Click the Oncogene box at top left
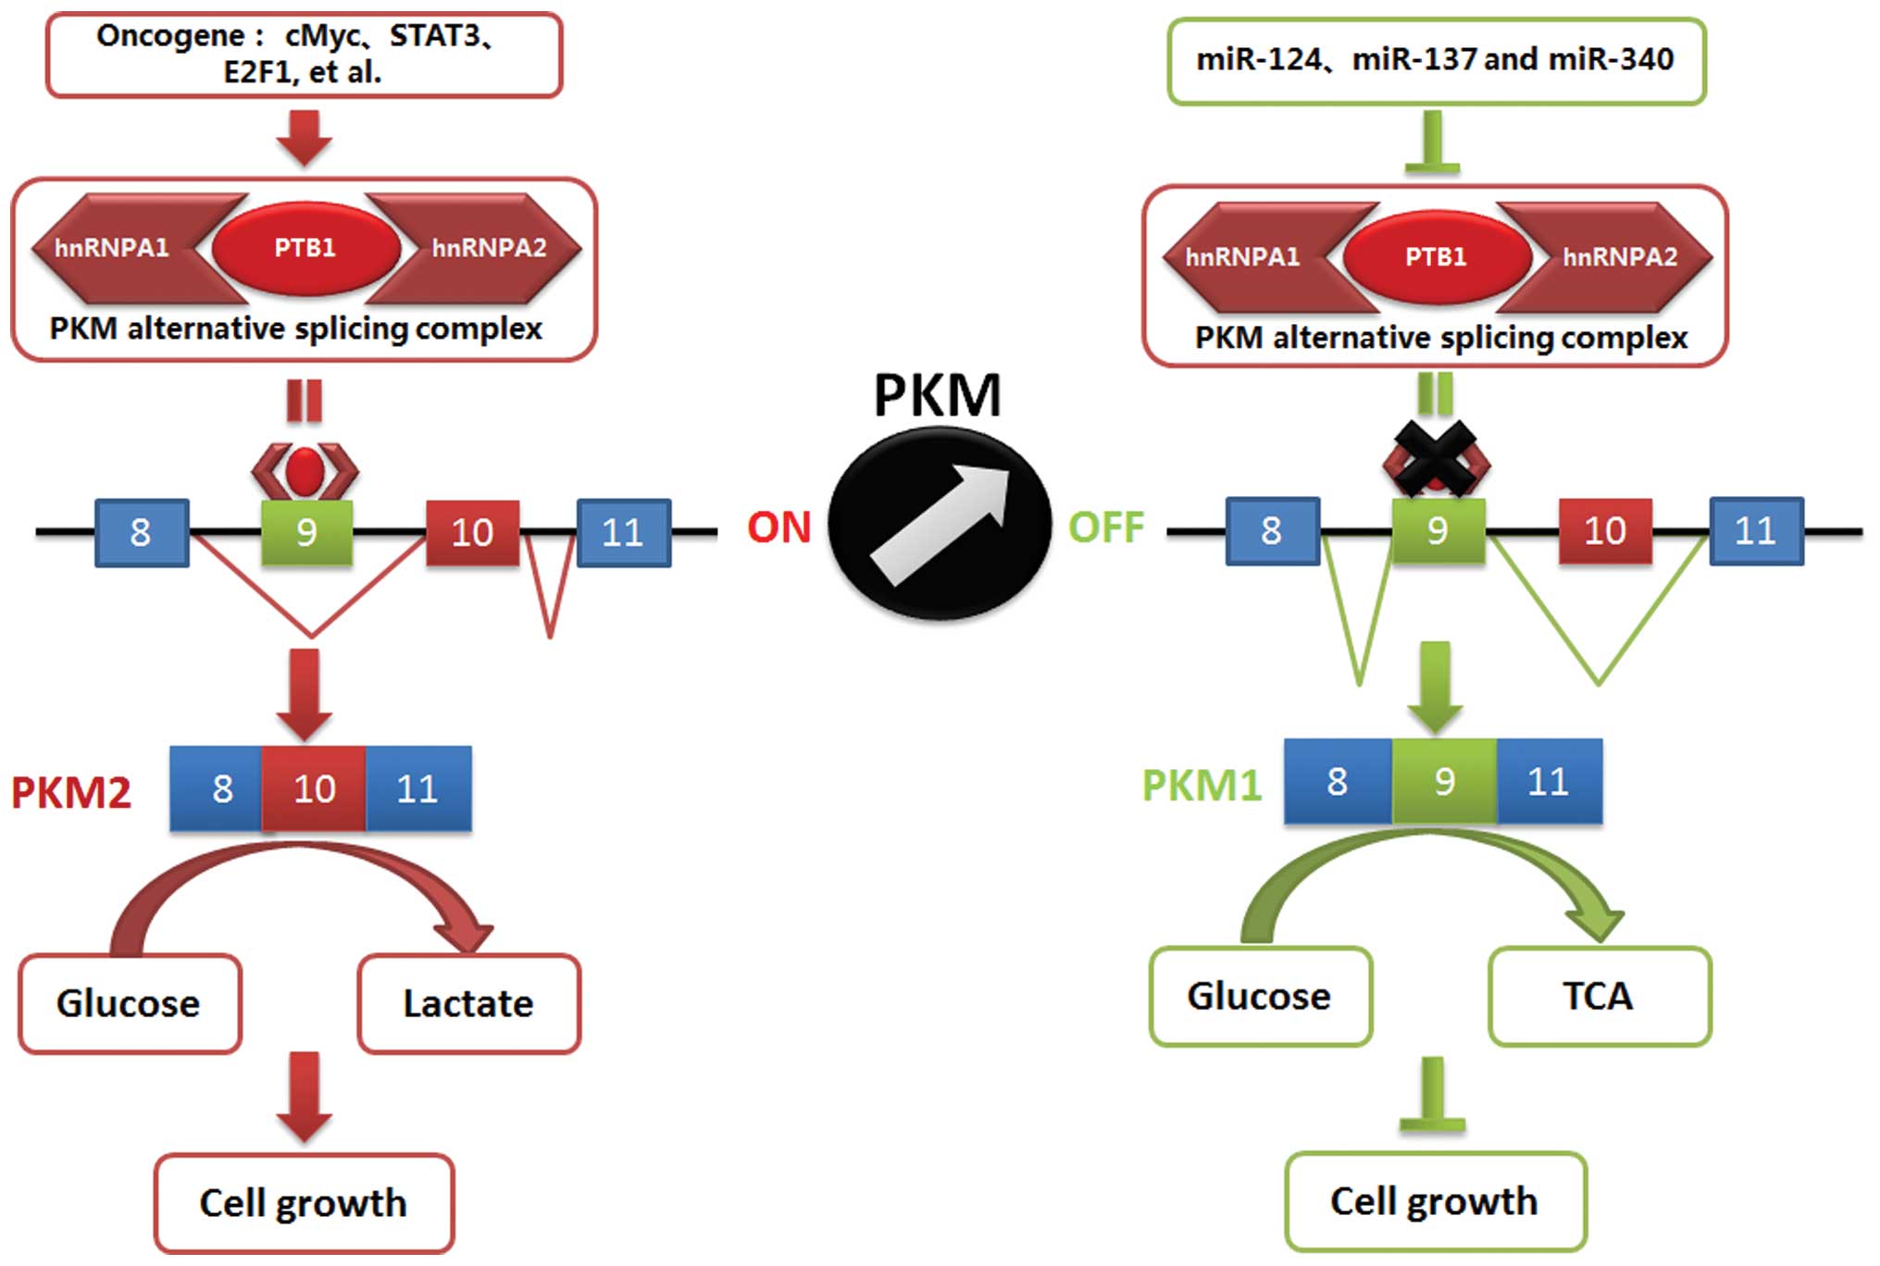[x=304, y=55]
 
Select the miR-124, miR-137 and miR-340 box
[x=1436, y=60]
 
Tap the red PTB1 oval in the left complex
[x=305, y=248]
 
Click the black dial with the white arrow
[x=939, y=524]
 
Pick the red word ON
[x=778, y=527]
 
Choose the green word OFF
[x=1106, y=527]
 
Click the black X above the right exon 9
[x=1436, y=458]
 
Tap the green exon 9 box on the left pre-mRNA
[x=306, y=532]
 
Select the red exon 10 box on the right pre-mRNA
[x=1605, y=530]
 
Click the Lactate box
[x=469, y=1004]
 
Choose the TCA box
[x=1600, y=997]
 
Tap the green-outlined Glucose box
[x=1260, y=997]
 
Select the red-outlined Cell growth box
[x=304, y=1203]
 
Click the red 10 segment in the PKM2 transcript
[x=314, y=788]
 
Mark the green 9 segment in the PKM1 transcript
[x=1444, y=782]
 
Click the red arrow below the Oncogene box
[x=305, y=137]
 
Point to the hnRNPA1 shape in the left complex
[x=116, y=248]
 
